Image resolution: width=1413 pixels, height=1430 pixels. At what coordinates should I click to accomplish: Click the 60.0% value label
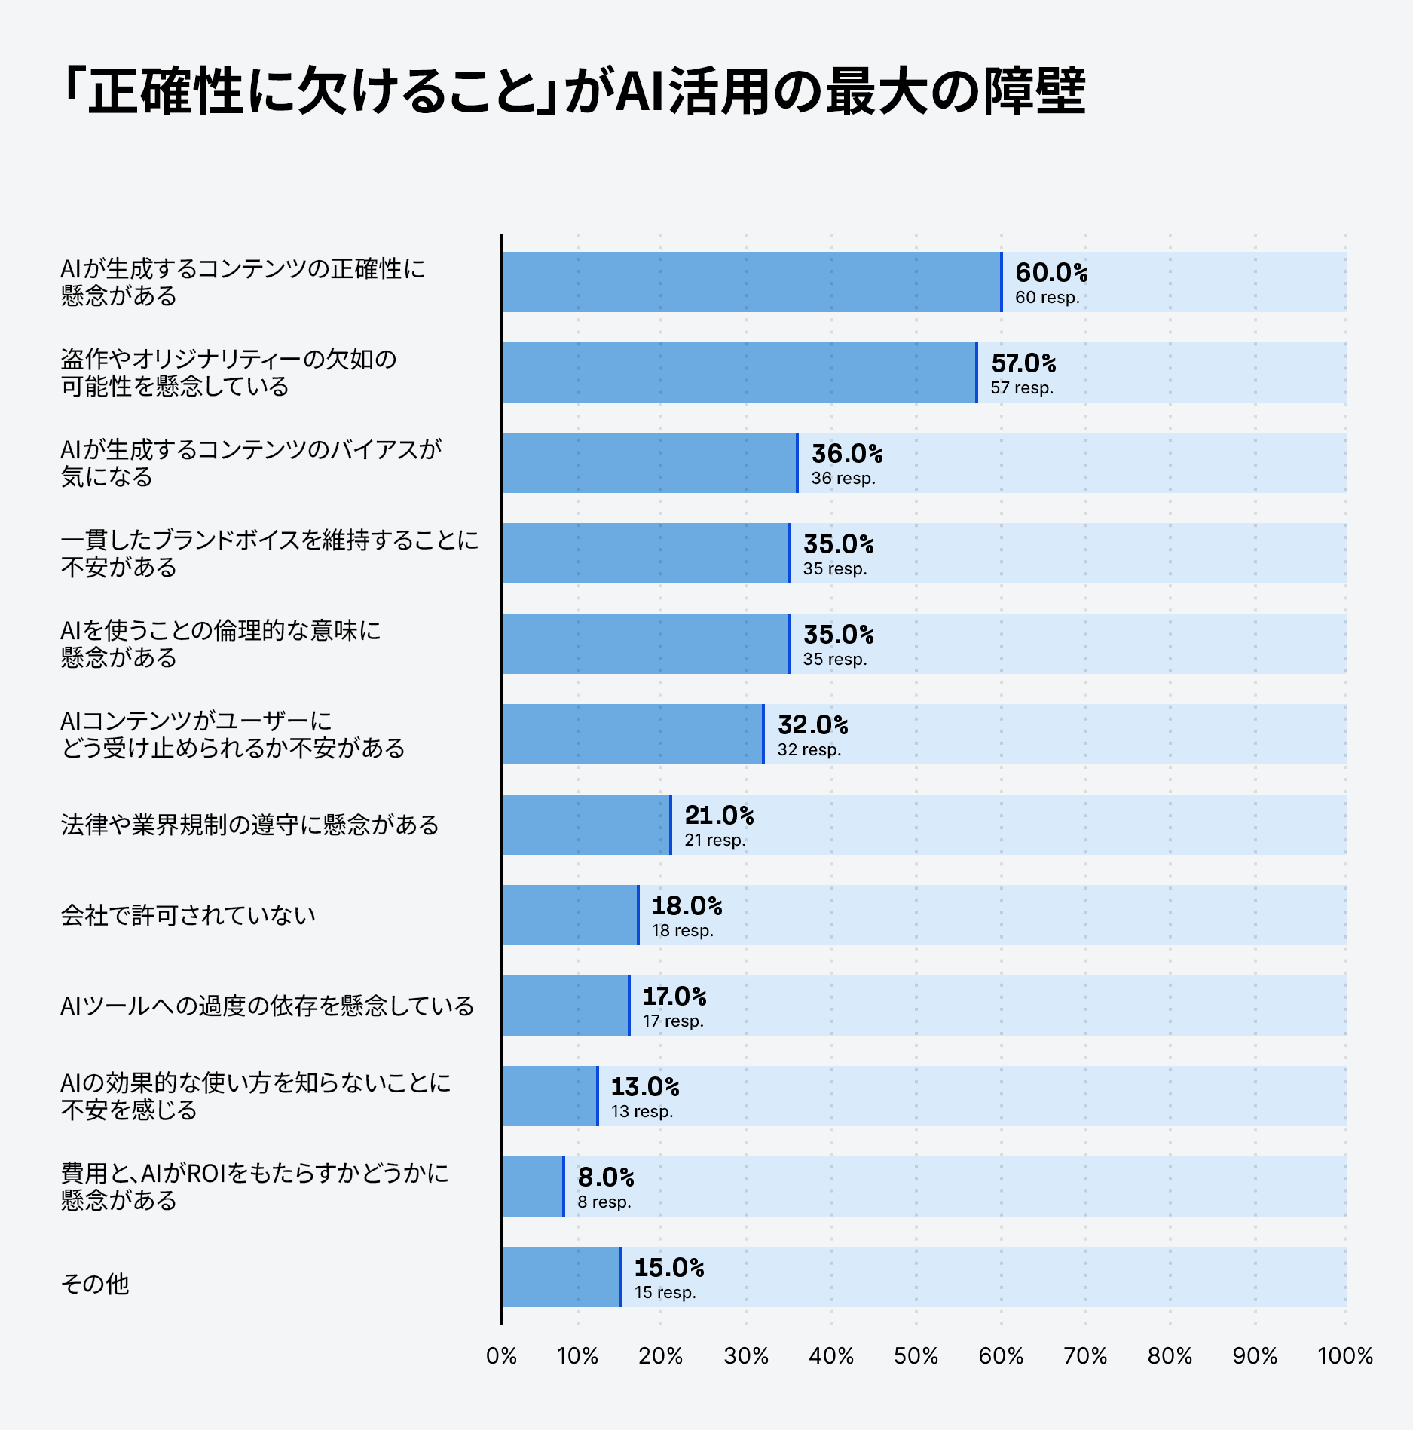[1051, 273]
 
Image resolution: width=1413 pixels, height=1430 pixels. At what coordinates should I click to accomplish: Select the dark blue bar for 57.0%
[739, 372]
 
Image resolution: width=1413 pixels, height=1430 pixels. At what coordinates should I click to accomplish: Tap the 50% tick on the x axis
[916, 1356]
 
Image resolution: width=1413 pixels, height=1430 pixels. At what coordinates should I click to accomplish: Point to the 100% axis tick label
[1345, 1356]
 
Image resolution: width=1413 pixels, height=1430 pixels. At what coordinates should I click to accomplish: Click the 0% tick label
[501, 1356]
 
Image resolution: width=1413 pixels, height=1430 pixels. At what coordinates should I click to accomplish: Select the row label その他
[95, 1283]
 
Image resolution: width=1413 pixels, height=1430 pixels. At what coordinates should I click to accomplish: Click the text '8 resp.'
[604, 1202]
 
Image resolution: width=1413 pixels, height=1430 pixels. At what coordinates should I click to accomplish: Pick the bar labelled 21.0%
[586, 825]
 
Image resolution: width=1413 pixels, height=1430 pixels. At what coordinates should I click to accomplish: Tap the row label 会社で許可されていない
[188, 915]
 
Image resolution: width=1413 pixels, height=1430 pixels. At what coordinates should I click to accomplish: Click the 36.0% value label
[847, 454]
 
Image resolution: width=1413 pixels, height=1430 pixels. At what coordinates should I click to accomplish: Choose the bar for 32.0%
[633, 734]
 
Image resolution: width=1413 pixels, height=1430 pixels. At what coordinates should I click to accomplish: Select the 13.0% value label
[645, 1087]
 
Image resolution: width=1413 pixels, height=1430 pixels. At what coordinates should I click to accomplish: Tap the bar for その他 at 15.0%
[561, 1277]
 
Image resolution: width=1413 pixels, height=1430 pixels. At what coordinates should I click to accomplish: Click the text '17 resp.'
[673, 1021]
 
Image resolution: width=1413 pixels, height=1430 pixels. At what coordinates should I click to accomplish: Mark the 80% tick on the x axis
[1170, 1356]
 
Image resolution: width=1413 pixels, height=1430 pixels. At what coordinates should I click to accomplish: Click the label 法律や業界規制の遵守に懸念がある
[249, 825]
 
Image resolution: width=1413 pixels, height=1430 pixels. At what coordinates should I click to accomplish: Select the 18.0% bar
[570, 915]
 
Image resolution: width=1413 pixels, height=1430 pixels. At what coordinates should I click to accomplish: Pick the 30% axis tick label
[746, 1356]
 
